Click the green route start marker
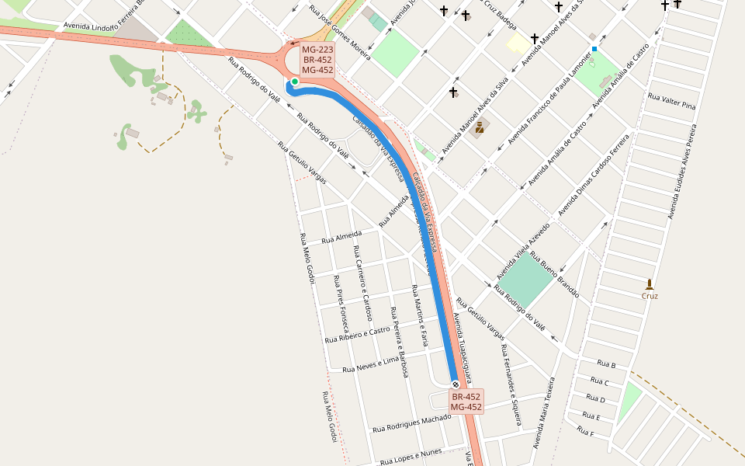[295, 82]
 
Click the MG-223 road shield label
[317, 49]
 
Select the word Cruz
[650, 296]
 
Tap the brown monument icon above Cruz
[650, 283]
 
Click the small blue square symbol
[594, 49]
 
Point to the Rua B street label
[606, 363]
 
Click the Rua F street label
[585, 433]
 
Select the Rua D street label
[595, 398]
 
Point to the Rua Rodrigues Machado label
[411, 423]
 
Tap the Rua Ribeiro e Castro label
[357, 335]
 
